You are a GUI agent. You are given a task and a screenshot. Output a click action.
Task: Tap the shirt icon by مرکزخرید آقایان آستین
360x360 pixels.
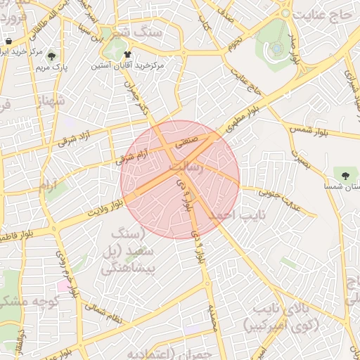coord(127,53)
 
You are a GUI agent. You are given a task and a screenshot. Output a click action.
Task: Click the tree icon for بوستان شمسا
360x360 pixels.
coord(346,174)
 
